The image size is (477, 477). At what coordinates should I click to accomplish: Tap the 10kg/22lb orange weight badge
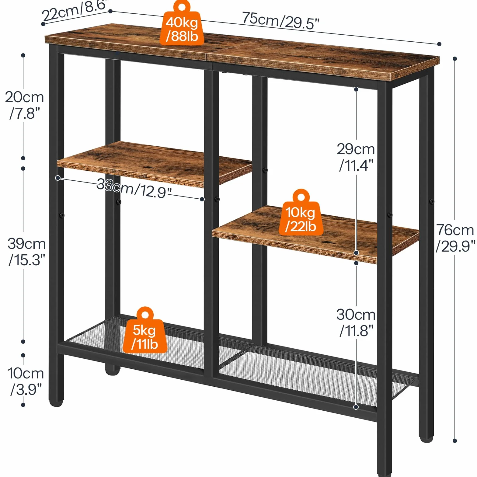pyautogui.click(x=301, y=213)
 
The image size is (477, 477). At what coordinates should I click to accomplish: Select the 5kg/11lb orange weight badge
pyautogui.click(x=145, y=330)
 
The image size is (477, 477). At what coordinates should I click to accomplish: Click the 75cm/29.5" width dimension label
pyautogui.click(x=280, y=21)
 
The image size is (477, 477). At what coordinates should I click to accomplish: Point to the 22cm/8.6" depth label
pyautogui.click(x=75, y=11)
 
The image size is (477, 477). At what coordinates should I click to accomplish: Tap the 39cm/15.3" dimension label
pyautogui.click(x=27, y=252)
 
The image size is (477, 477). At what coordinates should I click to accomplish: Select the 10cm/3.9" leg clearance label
pyautogui.click(x=26, y=381)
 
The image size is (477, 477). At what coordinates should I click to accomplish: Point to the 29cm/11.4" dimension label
pyautogui.click(x=356, y=157)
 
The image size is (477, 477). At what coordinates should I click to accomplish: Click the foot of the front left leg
pyautogui.click(x=56, y=402)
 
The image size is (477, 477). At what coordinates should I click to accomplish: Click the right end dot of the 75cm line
pyautogui.click(x=439, y=44)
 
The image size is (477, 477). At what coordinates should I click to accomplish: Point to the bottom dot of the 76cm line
pyautogui.click(x=455, y=441)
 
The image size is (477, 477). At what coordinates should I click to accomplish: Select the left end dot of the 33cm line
pyautogui.click(x=58, y=178)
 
